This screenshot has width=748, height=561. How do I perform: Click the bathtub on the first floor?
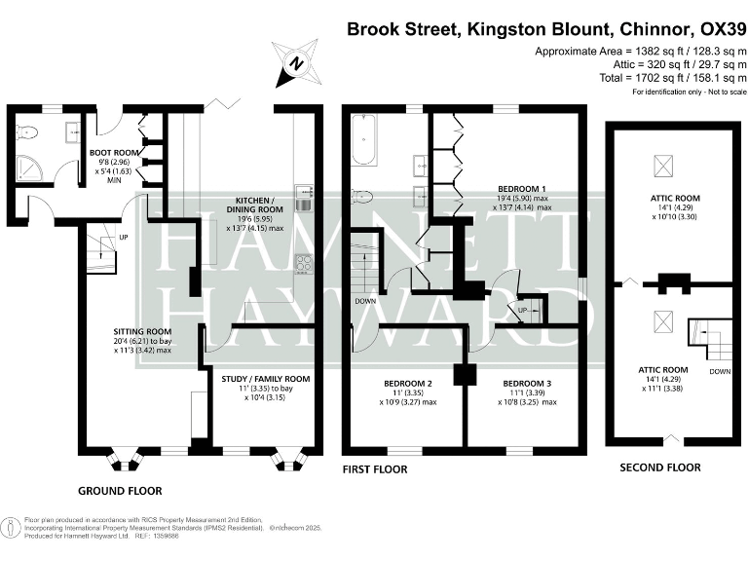click(x=363, y=140)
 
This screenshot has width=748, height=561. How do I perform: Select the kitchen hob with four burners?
click(x=302, y=263)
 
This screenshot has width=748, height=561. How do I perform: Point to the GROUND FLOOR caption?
click(x=120, y=491)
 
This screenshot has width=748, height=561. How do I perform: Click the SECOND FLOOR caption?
click(x=659, y=467)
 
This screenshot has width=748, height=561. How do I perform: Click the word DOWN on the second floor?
click(x=720, y=371)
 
